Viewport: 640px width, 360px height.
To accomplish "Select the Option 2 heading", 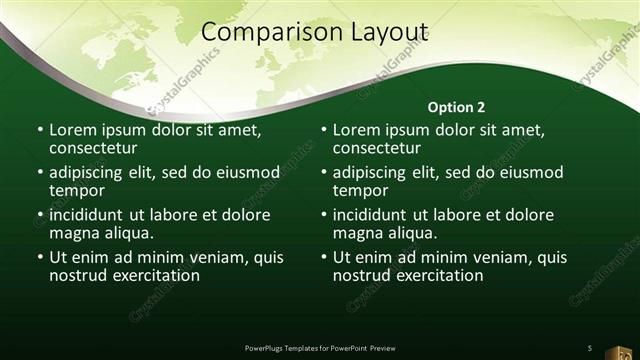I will pos(457,106).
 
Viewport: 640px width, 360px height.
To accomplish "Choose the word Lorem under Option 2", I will pos(356,130).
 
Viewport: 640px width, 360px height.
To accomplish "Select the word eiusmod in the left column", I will pos(245,172).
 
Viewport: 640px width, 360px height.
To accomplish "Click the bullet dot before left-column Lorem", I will pos(40,130).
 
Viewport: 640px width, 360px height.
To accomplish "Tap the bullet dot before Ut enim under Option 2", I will pos(324,257).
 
